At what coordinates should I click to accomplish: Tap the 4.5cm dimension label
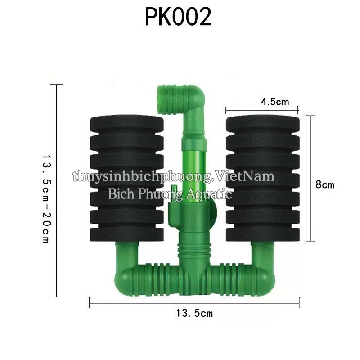[275, 102]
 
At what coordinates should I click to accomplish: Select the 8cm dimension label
[324, 184]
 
